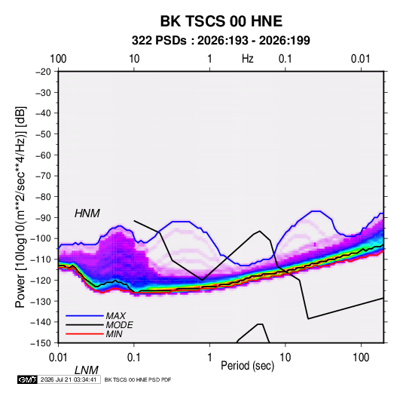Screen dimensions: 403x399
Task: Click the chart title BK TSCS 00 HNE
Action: click(221, 21)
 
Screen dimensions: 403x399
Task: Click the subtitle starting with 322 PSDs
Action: click(221, 41)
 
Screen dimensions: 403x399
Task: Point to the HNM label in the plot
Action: click(87, 213)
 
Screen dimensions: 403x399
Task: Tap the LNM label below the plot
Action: click(87, 370)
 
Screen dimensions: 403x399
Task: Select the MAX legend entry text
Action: click(116, 316)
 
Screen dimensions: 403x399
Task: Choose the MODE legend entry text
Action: click(119, 325)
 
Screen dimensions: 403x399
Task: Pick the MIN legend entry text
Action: click(114, 334)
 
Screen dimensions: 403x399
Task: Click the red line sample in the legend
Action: click(84, 334)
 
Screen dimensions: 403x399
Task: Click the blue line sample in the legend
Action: click(84, 316)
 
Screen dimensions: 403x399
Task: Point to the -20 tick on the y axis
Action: click(43, 72)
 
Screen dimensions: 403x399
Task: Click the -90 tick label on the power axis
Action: click(43, 218)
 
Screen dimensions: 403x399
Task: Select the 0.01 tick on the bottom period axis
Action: click(58, 358)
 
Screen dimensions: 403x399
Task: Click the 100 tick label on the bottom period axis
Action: click(361, 358)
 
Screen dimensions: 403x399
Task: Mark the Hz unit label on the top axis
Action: click(248, 59)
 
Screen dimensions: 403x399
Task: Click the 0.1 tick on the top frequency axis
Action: click(285, 59)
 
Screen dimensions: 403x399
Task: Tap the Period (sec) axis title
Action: click(248, 366)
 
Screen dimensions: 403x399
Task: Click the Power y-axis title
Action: click(20, 207)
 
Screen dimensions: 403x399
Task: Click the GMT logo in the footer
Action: click(28, 379)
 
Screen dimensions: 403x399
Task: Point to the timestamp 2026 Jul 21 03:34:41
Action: click(69, 379)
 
